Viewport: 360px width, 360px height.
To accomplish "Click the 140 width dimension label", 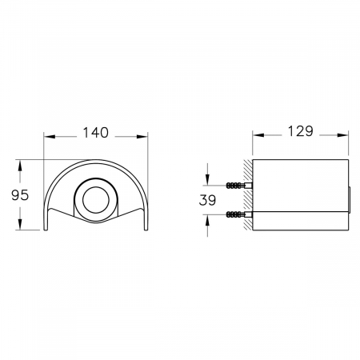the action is (x=96, y=133).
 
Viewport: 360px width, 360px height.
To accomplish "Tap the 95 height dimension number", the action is (x=20, y=195).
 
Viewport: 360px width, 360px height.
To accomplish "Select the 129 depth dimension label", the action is (x=300, y=131).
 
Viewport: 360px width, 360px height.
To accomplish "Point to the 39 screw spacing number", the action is (x=207, y=200).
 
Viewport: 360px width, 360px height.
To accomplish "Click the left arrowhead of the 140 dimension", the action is (x=50, y=137).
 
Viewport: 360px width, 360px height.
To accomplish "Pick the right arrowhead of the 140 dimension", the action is (x=142, y=137).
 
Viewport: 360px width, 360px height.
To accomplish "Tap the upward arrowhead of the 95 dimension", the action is (x=19, y=166).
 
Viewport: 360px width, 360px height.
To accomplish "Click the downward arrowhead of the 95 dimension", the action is (x=19, y=224).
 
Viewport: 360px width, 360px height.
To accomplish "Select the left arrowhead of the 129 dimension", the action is (x=258, y=135).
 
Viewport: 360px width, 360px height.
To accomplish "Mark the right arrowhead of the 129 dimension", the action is (x=342, y=135).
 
